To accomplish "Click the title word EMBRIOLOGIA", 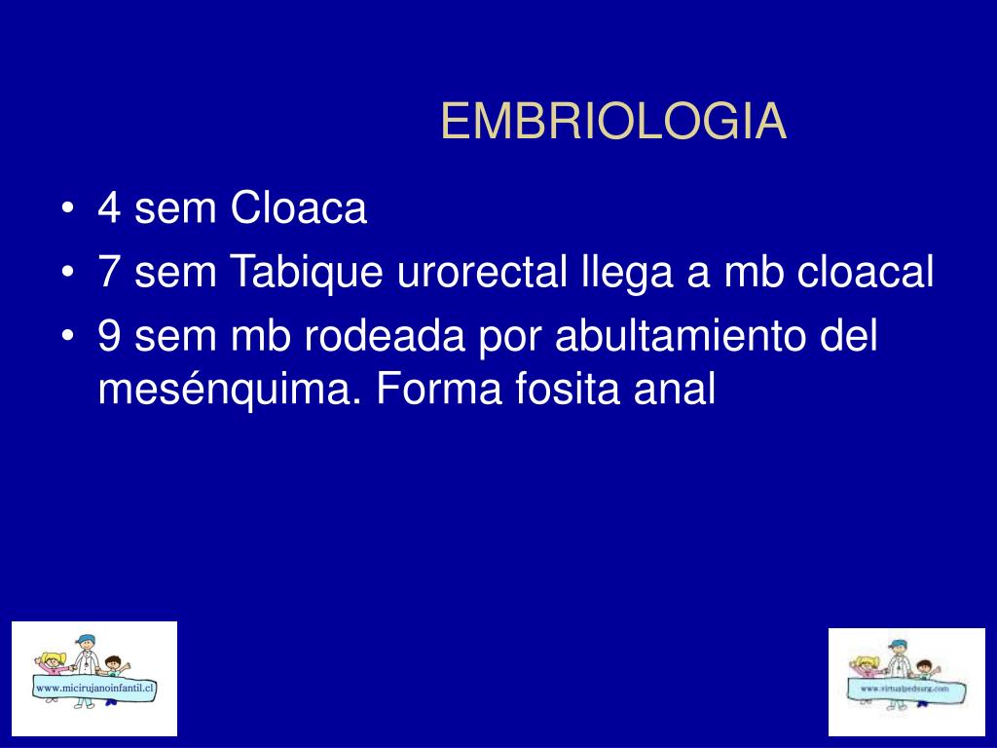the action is [x=613, y=121].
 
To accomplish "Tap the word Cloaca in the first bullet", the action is [x=299, y=207].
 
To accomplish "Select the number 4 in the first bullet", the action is [x=109, y=208].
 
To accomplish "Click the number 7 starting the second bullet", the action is [x=109, y=272].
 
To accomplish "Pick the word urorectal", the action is [x=482, y=272].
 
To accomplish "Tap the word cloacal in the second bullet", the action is [x=866, y=272].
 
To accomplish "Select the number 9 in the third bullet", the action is [x=109, y=335].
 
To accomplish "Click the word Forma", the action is [x=439, y=388].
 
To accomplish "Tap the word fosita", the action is [x=568, y=387].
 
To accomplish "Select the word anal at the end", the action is [x=675, y=387].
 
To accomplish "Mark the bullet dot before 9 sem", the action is [x=67, y=336].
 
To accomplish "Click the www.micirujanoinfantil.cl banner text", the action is [x=94, y=688].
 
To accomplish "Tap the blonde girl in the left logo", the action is [x=51, y=665].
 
